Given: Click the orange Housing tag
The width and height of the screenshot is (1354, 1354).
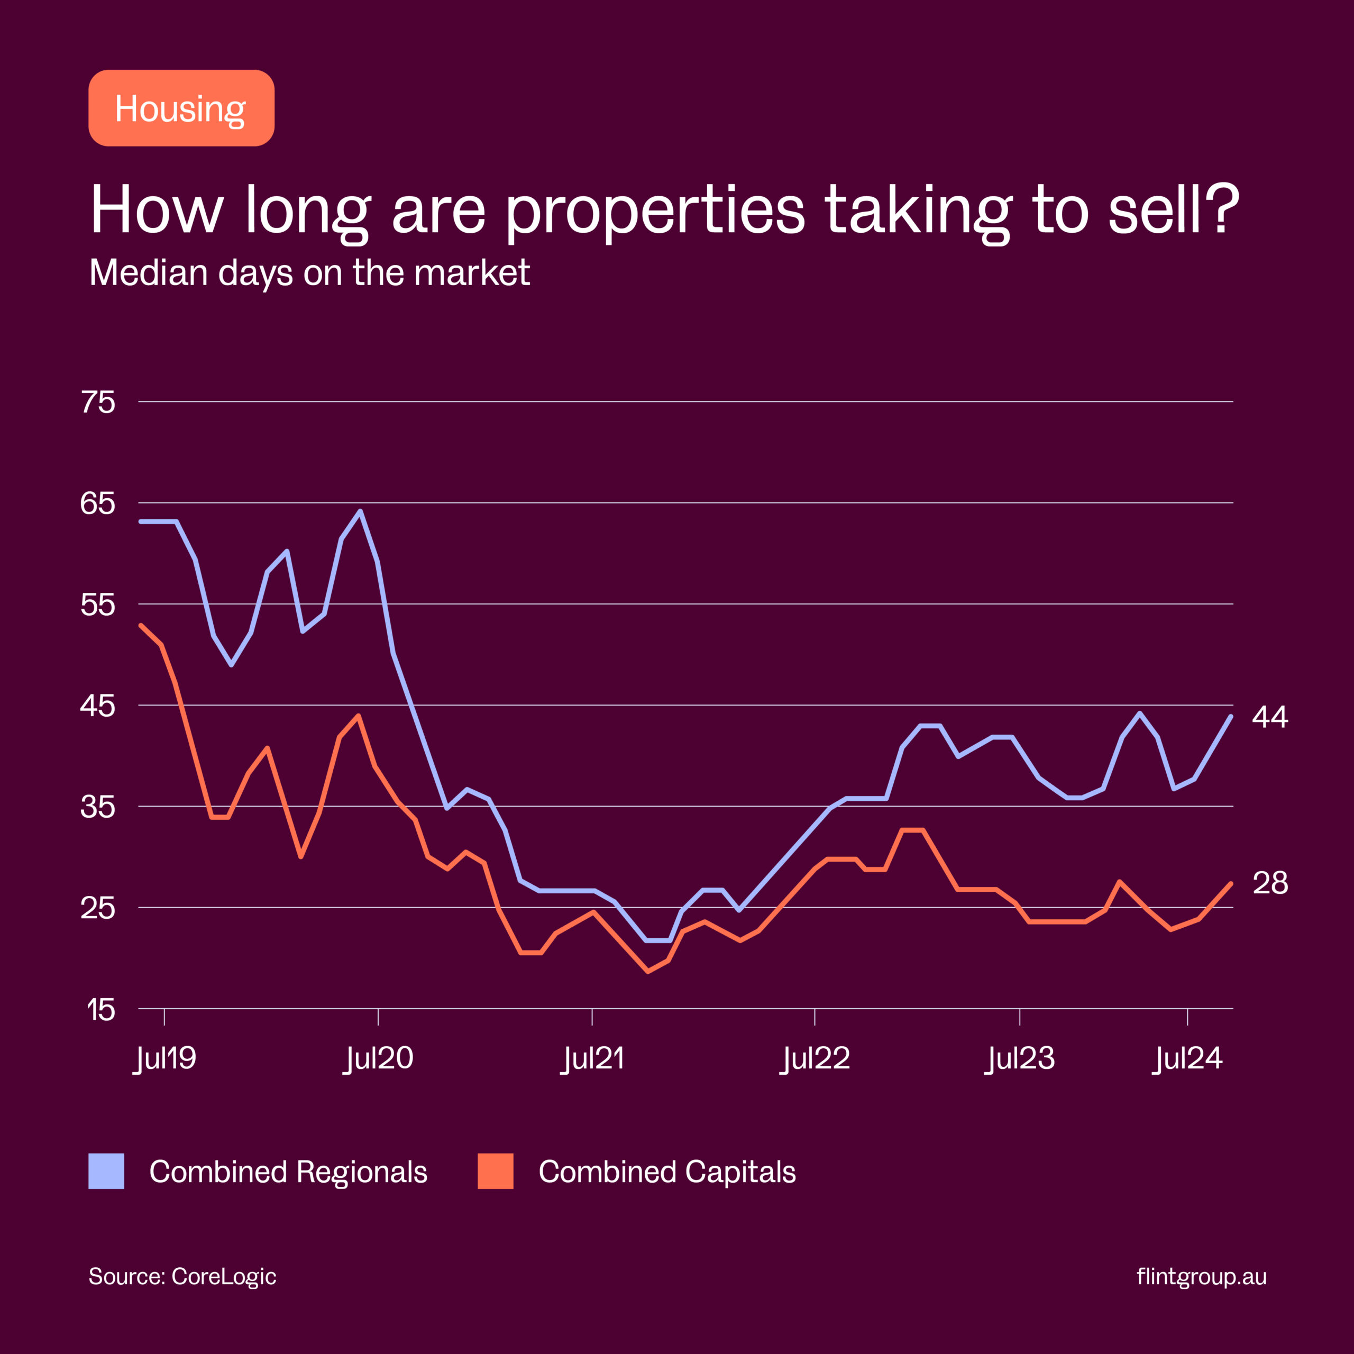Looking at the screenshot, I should (x=181, y=108).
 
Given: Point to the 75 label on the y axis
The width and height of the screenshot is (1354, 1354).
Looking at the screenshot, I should (x=98, y=402).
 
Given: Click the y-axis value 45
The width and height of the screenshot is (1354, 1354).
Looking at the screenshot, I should (x=98, y=706).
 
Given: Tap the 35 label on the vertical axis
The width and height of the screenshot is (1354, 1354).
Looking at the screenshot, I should (x=98, y=807).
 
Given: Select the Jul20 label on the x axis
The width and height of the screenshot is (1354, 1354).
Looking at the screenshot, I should (x=379, y=1058).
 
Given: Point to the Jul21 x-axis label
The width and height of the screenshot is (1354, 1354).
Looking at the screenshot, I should (x=592, y=1058).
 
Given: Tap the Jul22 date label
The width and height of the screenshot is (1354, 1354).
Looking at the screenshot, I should (x=815, y=1058).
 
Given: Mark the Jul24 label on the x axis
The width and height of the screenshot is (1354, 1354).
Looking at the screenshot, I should (x=1188, y=1058).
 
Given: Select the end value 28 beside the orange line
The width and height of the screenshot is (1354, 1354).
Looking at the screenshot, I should (x=1270, y=883).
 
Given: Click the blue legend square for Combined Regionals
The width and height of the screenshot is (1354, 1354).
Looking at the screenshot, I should (x=106, y=1171).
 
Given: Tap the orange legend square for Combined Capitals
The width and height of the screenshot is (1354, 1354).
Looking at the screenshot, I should (x=496, y=1171).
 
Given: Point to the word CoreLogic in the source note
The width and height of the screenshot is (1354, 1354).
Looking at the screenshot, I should (x=224, y=1276).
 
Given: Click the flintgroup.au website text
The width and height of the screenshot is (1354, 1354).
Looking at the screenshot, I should (x=1201, y=1276).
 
